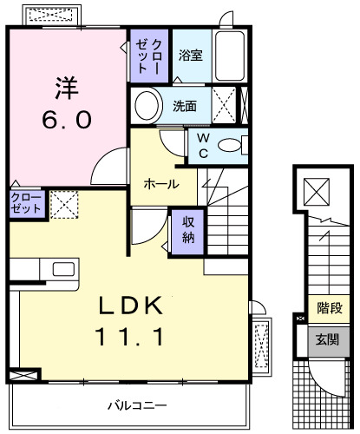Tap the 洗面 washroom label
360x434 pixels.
183,107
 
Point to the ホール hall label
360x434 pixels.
161,184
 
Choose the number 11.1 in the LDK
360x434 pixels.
130,334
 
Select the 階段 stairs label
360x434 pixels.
327,306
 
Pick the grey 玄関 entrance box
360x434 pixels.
326,339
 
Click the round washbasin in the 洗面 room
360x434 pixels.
147,107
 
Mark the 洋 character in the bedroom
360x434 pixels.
67,87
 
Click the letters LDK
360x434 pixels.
130,305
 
